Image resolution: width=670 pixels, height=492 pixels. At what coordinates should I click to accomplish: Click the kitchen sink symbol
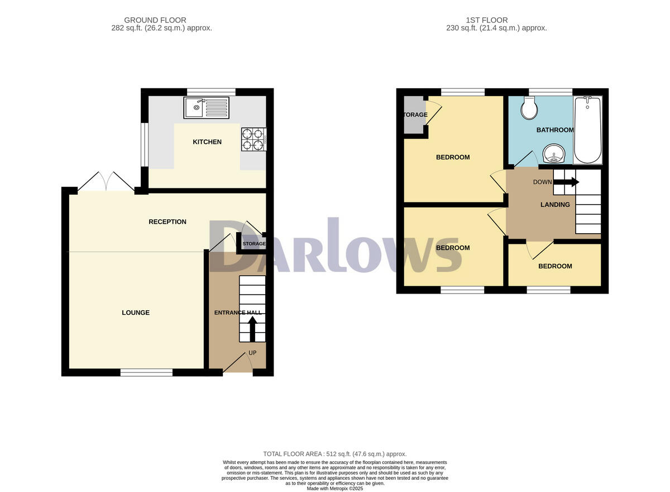pos(206,107)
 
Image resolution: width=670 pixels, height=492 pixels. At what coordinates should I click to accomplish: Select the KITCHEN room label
pos(207,142)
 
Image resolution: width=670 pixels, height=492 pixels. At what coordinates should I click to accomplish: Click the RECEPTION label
pos(167,222)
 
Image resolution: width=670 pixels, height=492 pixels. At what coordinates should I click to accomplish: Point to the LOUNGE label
pos(136,313)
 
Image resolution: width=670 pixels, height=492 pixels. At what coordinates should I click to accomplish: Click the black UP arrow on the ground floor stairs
pos(252,329)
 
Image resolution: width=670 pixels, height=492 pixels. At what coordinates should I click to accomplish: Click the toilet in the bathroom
pos(529,107)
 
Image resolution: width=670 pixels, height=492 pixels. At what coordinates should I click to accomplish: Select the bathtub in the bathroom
pos(587,130)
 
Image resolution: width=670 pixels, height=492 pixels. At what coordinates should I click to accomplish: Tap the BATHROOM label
pos(554,130)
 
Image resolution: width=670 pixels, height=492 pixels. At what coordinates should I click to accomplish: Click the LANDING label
pos(555,205)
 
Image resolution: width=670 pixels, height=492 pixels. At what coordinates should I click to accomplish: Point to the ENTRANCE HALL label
pos(238,313)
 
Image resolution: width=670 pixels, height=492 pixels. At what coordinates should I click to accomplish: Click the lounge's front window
pos(146,372)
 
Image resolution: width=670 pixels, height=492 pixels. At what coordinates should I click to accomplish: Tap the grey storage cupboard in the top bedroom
pos(414,115)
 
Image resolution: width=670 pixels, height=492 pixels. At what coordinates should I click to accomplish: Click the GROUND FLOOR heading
pos(161,20)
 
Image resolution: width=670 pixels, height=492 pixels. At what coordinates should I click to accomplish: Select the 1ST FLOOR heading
pos(496,20)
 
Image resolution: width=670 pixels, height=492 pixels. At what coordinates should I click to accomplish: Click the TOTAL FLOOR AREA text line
pos(334,454)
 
